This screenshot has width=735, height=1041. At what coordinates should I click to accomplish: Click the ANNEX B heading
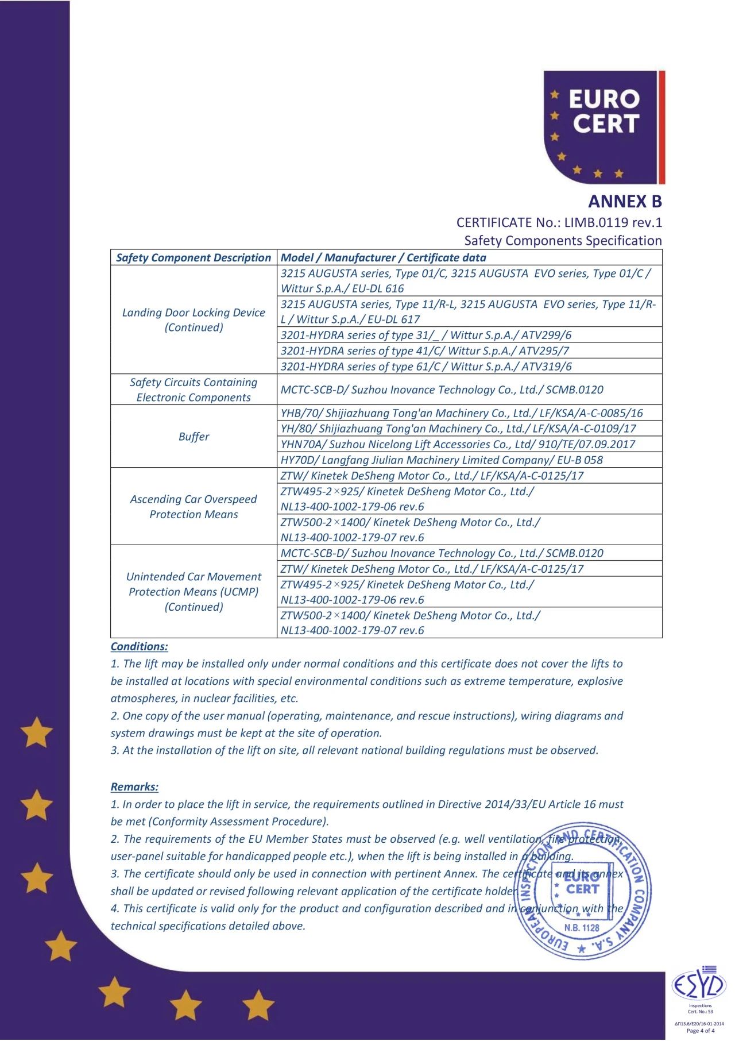point(625,202)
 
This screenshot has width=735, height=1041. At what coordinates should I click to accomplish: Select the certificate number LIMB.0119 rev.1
point(613,222)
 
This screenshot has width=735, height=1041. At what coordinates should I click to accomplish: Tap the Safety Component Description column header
point(194,257)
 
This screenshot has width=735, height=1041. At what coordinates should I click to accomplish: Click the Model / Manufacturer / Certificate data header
point(383,257)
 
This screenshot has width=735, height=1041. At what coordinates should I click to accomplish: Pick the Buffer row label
point(194,437)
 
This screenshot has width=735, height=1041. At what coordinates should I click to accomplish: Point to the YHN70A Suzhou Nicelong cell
point(458,444)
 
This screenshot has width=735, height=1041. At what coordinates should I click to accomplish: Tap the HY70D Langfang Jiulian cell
point(442,460)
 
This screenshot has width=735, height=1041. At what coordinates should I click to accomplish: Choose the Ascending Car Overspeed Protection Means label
point(194,507)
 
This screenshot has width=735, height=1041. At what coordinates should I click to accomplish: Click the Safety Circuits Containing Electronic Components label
point(194,390)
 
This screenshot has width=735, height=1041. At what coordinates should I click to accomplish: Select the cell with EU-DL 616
point(465,281)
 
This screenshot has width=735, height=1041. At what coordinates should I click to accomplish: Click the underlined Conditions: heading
point(140,646)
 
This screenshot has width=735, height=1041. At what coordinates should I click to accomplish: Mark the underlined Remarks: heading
point(134,787)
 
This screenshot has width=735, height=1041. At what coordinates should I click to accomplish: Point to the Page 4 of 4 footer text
point(700,1031)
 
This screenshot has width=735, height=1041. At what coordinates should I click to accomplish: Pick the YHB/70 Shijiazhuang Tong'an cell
point(462,413)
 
